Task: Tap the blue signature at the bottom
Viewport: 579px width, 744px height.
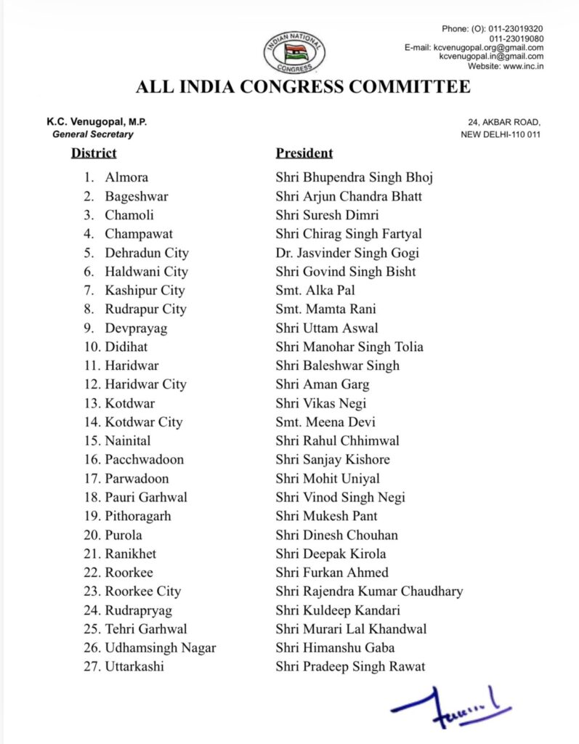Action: point(450,707)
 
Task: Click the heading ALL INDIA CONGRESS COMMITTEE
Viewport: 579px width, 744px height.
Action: point(303,88)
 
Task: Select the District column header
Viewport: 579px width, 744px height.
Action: point(94,153)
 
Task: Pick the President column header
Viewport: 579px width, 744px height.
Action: point(304,153)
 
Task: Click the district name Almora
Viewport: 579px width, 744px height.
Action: point(126,177)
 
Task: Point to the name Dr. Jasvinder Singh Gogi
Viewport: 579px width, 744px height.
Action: point(347,253)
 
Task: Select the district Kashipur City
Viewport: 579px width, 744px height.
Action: point(145,291)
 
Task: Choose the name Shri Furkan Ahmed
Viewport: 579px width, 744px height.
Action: point(332,573)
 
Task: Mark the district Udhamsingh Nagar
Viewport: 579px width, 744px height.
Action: point(160,648)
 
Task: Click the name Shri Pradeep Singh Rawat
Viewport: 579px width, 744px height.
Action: point(350,667)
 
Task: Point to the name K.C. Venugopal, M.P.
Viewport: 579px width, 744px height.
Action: point(97,124)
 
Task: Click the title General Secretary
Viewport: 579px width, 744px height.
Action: point(92,134)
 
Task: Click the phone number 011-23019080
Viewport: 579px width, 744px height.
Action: point(516,38)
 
